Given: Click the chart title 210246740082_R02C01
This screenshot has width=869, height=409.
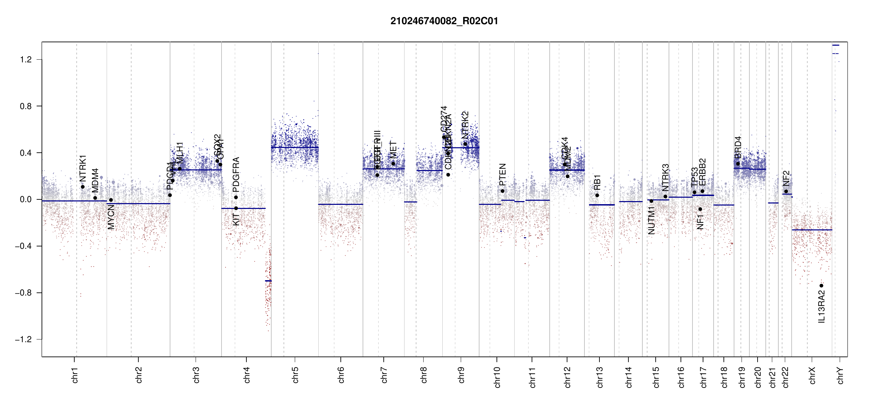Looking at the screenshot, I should pos(444,21).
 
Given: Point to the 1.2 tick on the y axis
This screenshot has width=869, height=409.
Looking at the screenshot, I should pos(26,60).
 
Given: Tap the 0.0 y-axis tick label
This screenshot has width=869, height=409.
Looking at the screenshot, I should pos(26,199).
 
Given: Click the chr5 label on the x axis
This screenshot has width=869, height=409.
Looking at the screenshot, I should pos(295,375).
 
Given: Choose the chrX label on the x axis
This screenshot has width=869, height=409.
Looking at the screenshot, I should pos(812,376).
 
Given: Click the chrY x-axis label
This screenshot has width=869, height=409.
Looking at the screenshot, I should pos(840,376).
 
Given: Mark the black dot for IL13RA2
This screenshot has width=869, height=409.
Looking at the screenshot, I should pos(821,286).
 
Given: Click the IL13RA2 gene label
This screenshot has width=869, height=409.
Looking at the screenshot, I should pos(822,306).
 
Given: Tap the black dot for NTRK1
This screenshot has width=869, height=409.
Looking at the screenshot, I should pos(82,187).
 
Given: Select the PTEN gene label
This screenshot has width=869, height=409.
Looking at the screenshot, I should pos(502,175).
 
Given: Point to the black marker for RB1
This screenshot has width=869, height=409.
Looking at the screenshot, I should pos(597,195).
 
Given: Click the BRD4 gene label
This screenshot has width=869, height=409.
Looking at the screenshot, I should pos(738,147).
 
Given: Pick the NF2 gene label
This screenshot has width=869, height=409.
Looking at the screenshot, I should pos(786,178).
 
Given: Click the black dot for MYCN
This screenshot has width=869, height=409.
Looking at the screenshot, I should pos(111,200).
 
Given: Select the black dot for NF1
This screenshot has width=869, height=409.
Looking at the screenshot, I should pos(700,209).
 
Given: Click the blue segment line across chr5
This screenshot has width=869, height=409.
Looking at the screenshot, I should pos(295,147).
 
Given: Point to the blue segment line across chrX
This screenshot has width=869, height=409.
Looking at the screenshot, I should pos(812,230).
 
